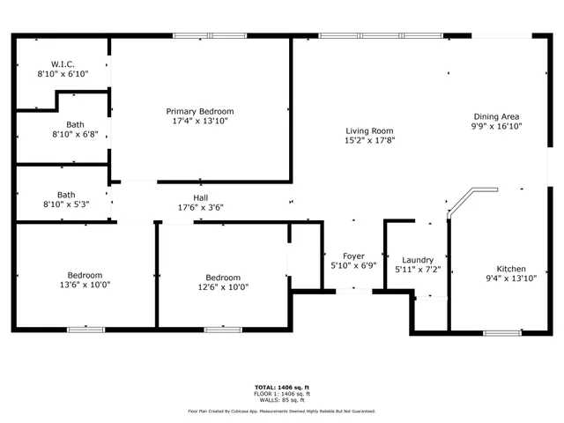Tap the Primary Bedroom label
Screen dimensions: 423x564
(x=200, y=111)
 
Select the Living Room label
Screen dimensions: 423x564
(x=368, y=130)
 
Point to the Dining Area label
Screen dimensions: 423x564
(x=496, y=116)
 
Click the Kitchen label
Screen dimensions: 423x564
(x=511, y=270)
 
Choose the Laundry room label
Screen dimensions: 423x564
(x=417, y=260)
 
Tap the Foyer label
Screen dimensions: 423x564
(x=353, y=256)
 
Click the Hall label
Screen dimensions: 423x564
(x=201, y=197)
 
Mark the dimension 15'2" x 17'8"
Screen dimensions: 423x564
(x=368, y=139)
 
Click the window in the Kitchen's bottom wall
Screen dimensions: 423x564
(x=501, y=332)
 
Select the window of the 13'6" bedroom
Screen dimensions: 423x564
(x=85, y=330)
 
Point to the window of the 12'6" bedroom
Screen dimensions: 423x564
(x=222, y=330)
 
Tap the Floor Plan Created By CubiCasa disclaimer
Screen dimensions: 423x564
(x=282, y=411)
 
